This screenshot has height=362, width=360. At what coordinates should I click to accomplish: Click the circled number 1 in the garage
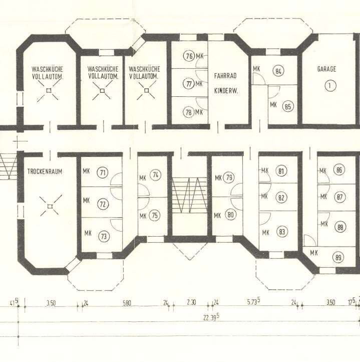click(x=330, y=86)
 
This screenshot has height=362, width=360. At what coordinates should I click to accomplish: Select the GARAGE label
click(x=326, y=69)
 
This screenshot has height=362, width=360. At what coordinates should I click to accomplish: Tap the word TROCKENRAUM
click(x=45, y=171)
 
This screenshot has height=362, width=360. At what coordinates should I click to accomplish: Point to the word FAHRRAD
click(x=225, y=76)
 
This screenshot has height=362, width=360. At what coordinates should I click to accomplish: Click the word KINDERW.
click(x=226, y=91)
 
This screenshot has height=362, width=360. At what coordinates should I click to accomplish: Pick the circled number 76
click(x=189, y=56)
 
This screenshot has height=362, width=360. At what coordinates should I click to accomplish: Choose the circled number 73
click(x=104, y=237)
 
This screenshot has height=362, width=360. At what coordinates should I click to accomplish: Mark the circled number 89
click(x=338, y=257)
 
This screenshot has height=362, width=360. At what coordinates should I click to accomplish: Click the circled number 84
click(x=278, y=71)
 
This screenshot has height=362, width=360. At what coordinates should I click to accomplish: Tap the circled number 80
click(x=231, y=215)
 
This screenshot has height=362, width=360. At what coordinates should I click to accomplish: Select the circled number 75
click(x=155, y=216)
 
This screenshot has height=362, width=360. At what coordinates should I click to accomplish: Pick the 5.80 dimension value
click(x=127, y=303)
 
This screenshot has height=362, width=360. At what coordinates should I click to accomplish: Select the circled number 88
click(x=340, y=228)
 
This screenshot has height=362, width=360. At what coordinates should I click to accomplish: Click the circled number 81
click(x=281, y=171)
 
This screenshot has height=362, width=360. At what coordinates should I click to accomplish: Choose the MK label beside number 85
click(x=273, y=105)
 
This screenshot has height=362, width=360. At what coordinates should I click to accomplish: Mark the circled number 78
click(x=189, y=112)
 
